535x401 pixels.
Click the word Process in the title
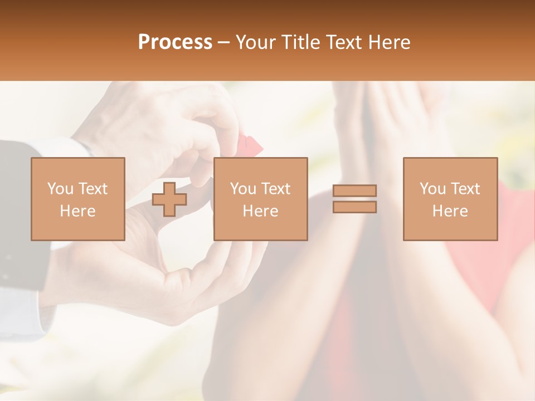[x=175, y=42]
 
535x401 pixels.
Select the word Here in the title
[x=388, y=42]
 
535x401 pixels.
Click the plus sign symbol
[x=169, y=199]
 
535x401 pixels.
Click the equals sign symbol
[x=354, y=199]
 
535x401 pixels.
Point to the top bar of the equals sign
[x=354, y=191]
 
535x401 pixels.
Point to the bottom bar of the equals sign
[x=354, y=207]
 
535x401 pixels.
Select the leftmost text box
[x=77, y=199]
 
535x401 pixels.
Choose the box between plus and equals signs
[x=260, y=199]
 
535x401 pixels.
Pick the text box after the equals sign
[x=450, y=199]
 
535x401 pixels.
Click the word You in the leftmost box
[x=60, y=189]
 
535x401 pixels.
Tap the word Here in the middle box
[x=260, y=211]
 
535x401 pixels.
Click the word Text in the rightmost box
[x=465, y=189]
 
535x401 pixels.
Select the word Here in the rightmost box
[x=450, y=211]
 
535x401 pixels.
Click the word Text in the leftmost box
[x=93, y=189]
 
